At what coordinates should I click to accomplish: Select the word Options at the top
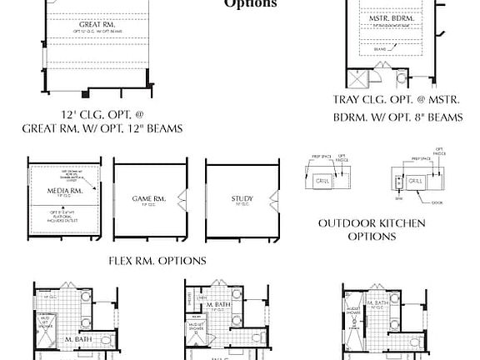tap(250, 3)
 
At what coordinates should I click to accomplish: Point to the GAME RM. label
tap(148, 198)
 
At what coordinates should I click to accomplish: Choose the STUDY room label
tap(242, 198)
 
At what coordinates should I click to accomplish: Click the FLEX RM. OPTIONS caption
tap(157, 260)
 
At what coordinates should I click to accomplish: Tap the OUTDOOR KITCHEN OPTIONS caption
tap(372, 229)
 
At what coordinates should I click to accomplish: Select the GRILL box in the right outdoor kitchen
tap(414, 179)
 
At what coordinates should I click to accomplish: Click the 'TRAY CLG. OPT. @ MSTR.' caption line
tap(397, 99)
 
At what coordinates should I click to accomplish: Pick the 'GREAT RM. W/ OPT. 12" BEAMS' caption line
tap(103, 129)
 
